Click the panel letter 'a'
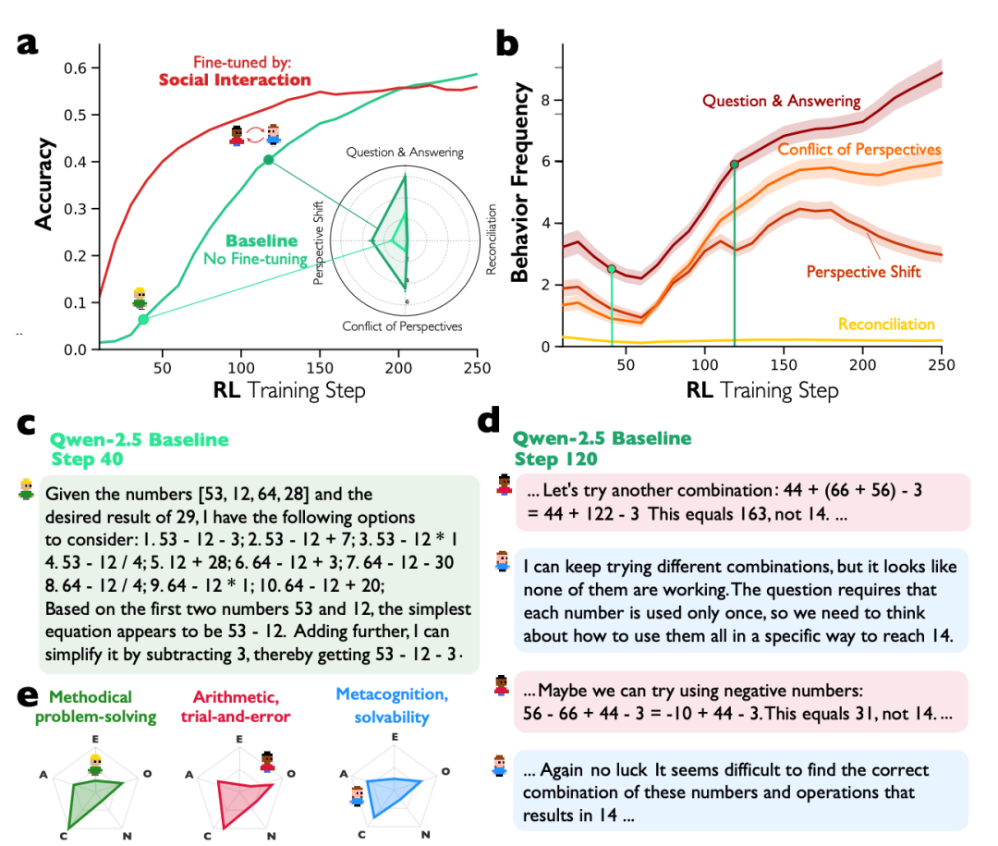pyautogui.click(x=27, y=42)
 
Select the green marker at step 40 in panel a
pyautogui.click(x=143, y=320)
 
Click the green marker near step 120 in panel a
pyautogui.click(x=268, y=160)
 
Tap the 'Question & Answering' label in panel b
pyautogui.click(x=782, y=101)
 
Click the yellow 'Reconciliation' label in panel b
pyautogui.click(x=886, y=325)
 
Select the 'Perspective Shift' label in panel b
pyautogui.click(x=863, y=272)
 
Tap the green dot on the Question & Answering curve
pyautogui.click(x=735, y=165)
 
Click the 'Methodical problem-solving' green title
pyautogui.click(x=90, y=706)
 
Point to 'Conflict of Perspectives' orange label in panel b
pyautogui.click(x=859, y=149)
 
